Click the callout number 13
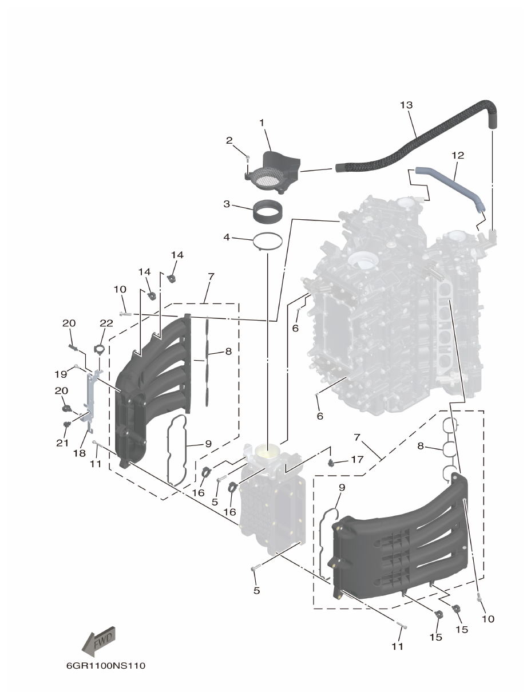click(x=406, y=105)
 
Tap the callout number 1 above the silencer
click(x=261, y=123)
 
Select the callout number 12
click(x=458, y=155)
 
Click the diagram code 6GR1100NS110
click(x=106, y=666)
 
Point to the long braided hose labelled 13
click(x=412, y=140)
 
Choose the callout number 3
click(x=227, y=204)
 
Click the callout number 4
click(x=227, y=236)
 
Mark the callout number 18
click(x=79, y=452)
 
